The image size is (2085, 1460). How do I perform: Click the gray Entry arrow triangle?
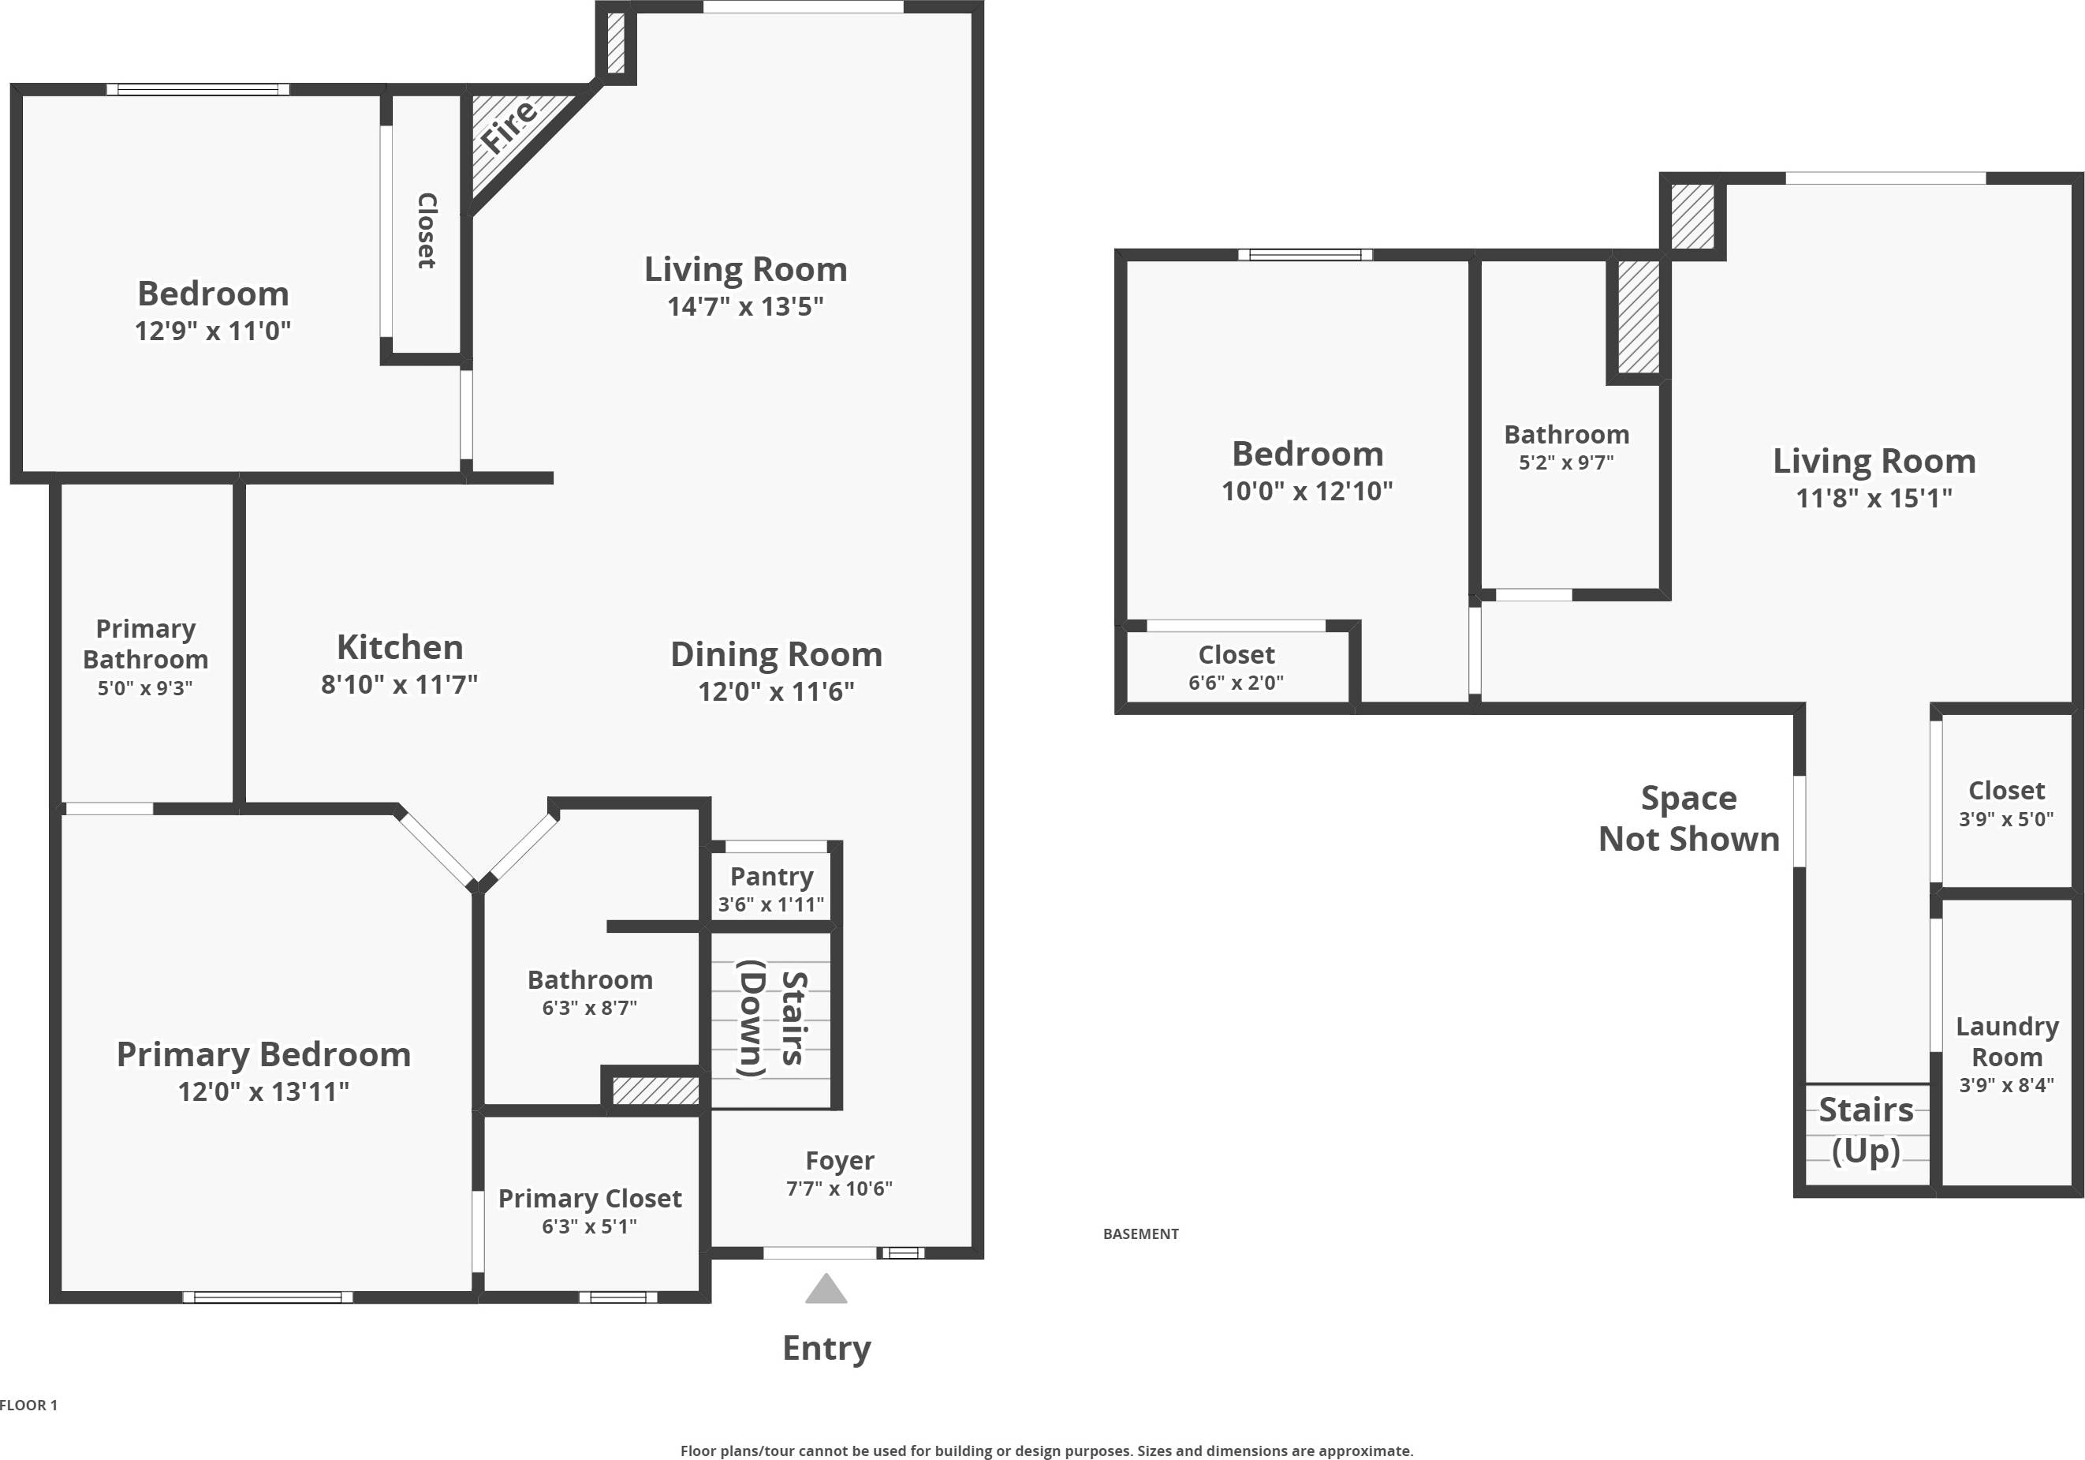coord(826,1290)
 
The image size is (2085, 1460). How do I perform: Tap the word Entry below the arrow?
coord(826,1348)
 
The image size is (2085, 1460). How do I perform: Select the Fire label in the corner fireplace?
coord(509,126)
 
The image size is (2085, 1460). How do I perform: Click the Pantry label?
coord(771,877)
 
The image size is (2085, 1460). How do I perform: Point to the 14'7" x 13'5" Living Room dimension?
coord(744,307)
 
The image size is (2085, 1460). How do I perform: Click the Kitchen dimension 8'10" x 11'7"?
coord(399,684)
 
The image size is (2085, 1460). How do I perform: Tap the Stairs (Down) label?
coord(771,1019)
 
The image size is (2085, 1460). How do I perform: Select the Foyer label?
coord(839,1160)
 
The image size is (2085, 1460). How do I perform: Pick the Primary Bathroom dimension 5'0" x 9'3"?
coord(145,687)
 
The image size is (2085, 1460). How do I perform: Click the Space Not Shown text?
coord(1688,818)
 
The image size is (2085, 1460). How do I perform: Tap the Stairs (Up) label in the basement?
coord(1865,1130)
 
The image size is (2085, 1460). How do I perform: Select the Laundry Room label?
coord(2006,1042)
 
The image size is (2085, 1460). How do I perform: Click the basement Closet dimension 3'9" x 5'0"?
coord(2005,819)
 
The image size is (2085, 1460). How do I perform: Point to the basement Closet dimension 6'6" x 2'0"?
coord(1235,683)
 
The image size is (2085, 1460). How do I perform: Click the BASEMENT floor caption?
coord(1140,1234)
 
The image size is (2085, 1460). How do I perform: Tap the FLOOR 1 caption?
coord(29,1405)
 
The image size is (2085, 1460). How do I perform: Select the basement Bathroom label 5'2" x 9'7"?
coord(1565,435)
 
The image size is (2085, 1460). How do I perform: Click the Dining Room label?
coord(775,655)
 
